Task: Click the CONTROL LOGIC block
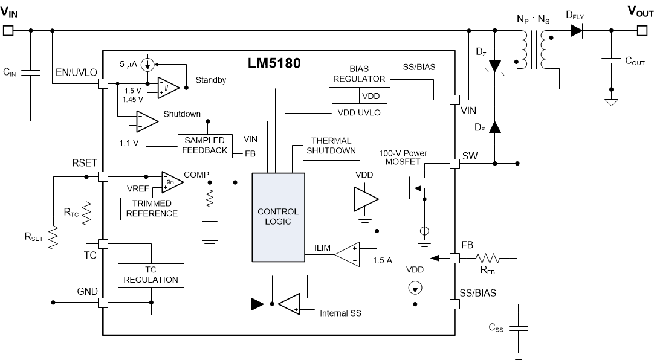tap(278, 217)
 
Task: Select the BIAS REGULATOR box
tap(358, 73)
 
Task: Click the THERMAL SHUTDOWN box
tap(331, 146)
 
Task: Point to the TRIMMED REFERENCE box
tap(152, 208)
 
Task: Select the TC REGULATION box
tap(151, 275)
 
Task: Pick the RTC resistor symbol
tap(86, 211)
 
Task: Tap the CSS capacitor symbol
tap(518, 329)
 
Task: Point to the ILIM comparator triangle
tap(348, 253)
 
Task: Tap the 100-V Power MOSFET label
tap(403, 158)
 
